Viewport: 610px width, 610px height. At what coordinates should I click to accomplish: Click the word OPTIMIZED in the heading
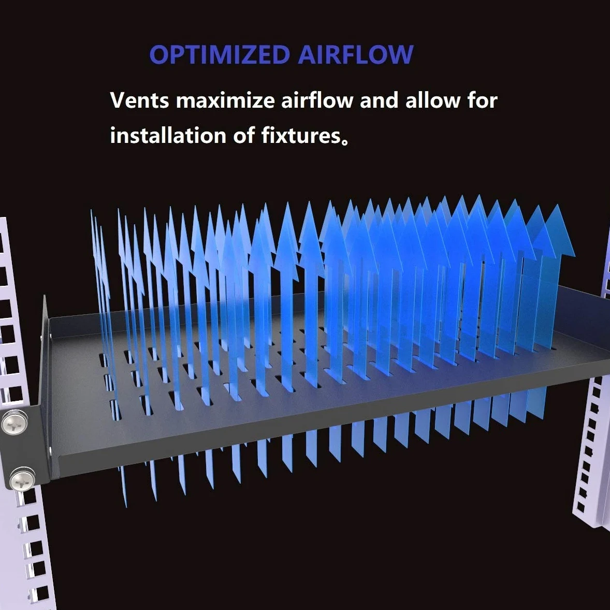(x=220, y=54)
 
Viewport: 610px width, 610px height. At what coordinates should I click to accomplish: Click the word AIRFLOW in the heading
(x=356, y=54)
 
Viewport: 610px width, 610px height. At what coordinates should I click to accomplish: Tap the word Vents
(x=140, y=100)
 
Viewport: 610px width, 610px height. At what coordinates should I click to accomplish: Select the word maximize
(x=225, y=100)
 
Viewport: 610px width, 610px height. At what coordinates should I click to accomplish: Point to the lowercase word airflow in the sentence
(x=317, y=100)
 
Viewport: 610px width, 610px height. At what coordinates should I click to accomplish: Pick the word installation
(x=168, y=135)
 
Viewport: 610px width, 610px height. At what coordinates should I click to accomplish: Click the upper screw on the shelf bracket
(x=15, y=422)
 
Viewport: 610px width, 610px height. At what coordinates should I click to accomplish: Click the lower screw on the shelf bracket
(x=22, y=480)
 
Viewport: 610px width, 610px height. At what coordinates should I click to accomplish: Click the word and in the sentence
(x=379, y=100)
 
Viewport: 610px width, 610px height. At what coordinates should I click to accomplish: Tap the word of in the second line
(x=244, y=135)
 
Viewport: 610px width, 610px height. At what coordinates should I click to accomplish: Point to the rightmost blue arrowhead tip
(x=559, y=205)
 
